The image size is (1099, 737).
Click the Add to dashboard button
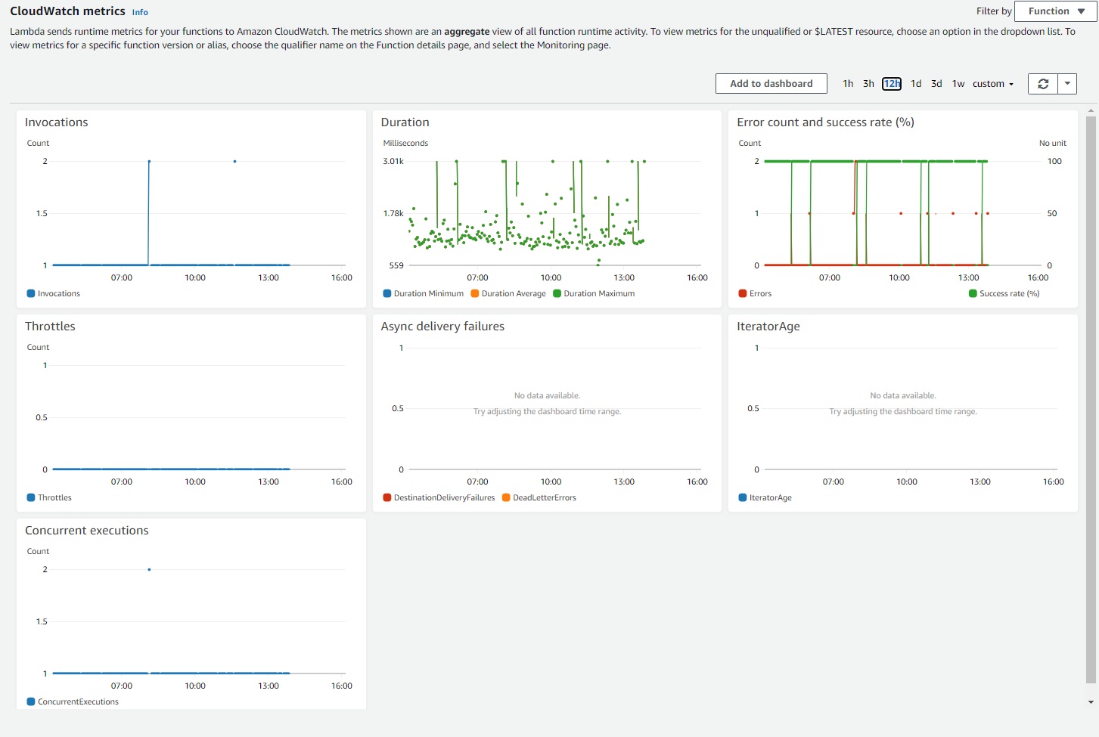(771, 83)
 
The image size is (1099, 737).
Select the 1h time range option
(848, 84)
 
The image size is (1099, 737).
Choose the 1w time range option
(958, 84)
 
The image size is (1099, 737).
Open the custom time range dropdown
(993, 84)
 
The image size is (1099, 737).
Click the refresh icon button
(1043, 84)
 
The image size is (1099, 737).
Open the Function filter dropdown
(1056, 11)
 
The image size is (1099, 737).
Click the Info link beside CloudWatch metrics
(140, 12)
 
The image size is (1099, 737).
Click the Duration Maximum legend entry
(594, 293)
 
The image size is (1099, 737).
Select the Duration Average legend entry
(508, 293)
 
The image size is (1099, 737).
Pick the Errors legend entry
(755, 293)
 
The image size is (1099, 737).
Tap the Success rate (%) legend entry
(1004, 293)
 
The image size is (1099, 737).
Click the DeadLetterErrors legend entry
(539, 497)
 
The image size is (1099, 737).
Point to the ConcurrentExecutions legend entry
(73, 701)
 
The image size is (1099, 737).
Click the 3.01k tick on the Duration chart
(393, 161)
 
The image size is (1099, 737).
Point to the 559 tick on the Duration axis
(396, 265)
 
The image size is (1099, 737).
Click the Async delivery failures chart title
(442, 326)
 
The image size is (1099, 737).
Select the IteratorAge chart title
(768, 326)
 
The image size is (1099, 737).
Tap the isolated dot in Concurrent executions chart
(149, 569)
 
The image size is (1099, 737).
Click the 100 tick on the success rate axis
(1054, 161)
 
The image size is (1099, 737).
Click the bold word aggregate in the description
(467, 32)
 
